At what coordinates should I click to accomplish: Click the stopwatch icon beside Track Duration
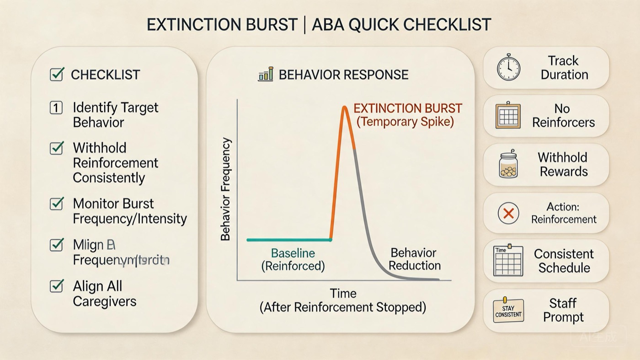tap(508, 68)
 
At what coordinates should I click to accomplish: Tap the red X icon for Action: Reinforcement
tap(508, 213)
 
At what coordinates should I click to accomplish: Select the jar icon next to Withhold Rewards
tap(508, 164)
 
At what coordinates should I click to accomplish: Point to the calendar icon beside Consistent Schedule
tap(508, 261)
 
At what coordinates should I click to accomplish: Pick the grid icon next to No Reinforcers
tap(508, 116)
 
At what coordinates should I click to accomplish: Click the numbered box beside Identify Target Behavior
tap(56, 108)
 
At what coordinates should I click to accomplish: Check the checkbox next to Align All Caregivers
tap(56, 286)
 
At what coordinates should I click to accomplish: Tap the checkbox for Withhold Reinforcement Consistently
tap(56, 148)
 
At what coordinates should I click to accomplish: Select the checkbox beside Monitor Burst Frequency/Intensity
tap(56, 204)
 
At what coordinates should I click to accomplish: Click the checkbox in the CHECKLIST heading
tap(56, 74)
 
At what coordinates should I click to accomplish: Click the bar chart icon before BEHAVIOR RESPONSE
tap(266, 74)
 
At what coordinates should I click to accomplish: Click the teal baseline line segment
tap(288, 240)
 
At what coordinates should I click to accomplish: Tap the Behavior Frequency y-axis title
tap(225, 189)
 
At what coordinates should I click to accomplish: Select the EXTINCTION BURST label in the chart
tap(408, 109)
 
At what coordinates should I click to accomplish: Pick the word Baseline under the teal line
tap(293, 253)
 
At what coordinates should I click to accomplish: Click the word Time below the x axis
tap(343, 293)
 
